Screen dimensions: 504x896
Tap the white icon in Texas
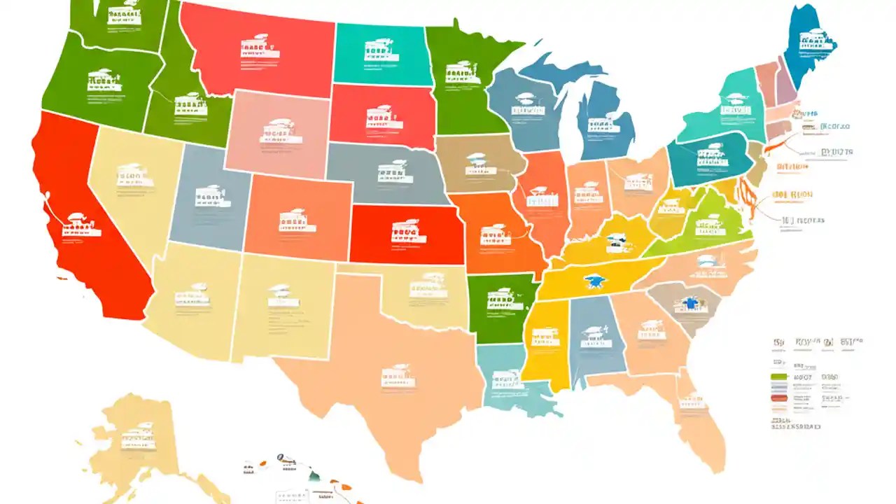coord(398,376)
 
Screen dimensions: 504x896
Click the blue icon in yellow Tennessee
coord(597,281)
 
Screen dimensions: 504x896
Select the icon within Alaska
coord(138,435)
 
